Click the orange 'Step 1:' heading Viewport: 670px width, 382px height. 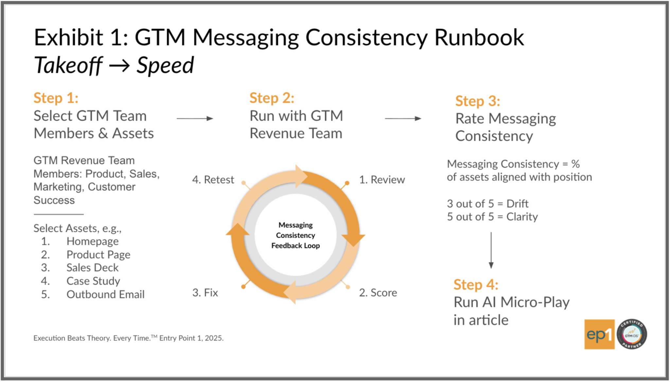pos(56,98)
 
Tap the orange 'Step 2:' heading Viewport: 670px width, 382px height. pos(272,98)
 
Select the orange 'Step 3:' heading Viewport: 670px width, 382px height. pos(478,101)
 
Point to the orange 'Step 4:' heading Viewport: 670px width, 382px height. pos(476,285)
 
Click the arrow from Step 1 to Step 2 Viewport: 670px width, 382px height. pos(195,118)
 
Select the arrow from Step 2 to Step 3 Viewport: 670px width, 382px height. pos(403,118)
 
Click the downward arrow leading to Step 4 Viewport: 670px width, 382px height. pos(491,250)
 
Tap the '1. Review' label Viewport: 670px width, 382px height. pos(382,180)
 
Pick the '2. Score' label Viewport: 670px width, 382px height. pos(378,293)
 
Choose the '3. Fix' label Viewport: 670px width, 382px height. pos(205,293)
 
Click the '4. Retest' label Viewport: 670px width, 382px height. pos(213,180)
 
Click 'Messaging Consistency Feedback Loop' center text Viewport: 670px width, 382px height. pos(295,235)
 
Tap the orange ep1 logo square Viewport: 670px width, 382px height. pos(599,334)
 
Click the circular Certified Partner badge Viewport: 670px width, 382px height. pos(632,334)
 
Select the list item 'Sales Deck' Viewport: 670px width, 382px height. pos(92,268)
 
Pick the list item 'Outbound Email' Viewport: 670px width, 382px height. pos(105,294)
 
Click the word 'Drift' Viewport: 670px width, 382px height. pos(517,204)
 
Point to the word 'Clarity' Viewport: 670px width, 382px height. pos(522,217)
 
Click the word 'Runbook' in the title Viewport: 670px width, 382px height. pos(479,38)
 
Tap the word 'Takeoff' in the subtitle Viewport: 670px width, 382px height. pos(68,65)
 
